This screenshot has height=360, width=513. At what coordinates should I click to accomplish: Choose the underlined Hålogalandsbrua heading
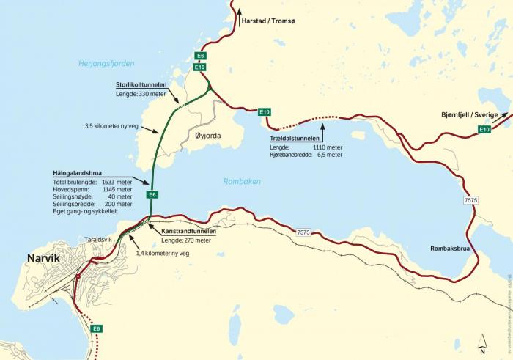coord(78,172)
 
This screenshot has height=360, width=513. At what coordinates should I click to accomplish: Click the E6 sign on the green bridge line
coord(152,194)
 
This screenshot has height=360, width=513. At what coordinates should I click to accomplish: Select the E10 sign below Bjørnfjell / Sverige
coord(484,130)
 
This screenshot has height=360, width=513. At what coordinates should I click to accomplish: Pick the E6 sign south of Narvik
coord(96,328)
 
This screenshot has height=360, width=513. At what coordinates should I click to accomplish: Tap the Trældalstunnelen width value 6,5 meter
coord(327,155)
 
